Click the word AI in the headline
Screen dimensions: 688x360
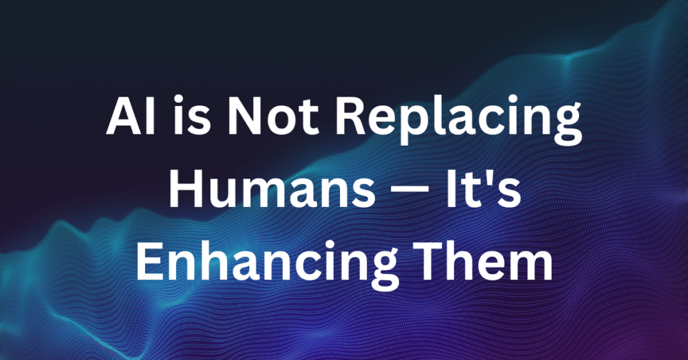coord(131,117)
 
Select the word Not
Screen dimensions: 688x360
coord(273,117)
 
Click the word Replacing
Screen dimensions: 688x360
coord(459,122)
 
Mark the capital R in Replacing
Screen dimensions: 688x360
coord(350,117)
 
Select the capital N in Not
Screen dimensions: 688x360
coord(245,117)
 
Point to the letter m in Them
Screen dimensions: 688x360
coord(529,267)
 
